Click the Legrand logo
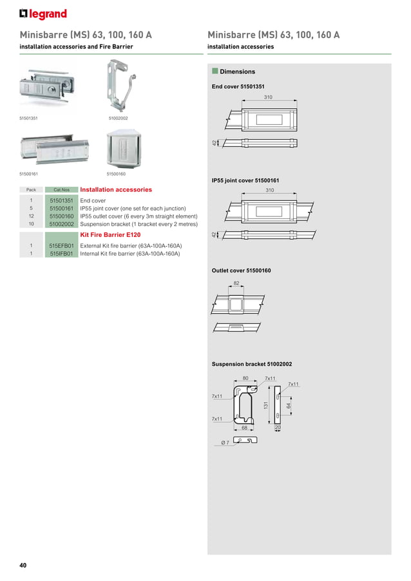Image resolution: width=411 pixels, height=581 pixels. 43,14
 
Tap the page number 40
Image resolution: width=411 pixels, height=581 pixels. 23,566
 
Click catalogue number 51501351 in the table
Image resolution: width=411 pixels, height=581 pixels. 62,201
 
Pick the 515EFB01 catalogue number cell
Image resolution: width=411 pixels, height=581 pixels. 62,246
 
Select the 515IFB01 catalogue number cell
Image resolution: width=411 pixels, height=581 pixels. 62,254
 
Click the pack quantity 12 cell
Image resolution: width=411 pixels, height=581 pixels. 31,216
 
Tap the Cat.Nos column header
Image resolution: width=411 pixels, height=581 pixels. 62,190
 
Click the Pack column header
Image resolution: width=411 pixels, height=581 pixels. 31,190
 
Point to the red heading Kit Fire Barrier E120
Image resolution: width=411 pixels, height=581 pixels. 110,235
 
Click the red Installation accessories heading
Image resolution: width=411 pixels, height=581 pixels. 116,190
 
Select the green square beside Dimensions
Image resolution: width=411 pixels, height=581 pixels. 215,71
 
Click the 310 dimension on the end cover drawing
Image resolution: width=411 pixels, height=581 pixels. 268,97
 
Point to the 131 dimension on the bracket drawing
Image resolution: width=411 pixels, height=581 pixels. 265,405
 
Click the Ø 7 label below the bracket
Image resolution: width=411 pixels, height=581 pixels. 225,443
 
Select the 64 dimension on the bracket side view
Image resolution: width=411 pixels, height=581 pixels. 289,405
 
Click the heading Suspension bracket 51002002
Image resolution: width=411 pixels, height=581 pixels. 251,365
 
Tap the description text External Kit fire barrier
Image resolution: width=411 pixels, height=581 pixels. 131,246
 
